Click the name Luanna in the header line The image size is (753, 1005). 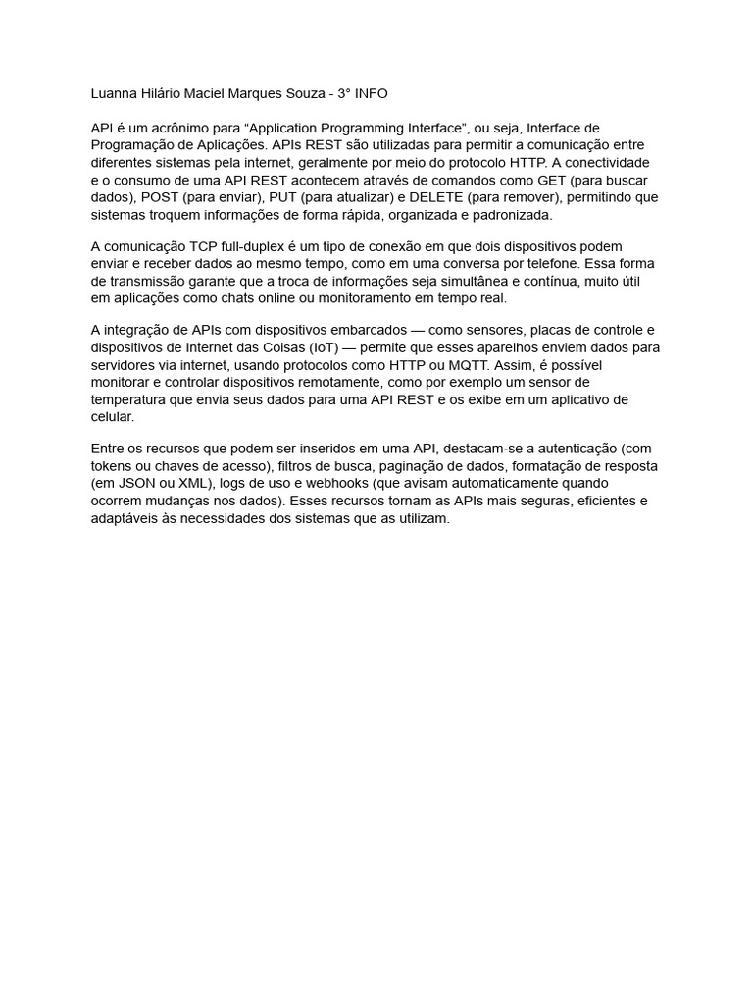click(x=115, y=93)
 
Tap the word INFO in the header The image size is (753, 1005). click(x=371, y=93)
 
